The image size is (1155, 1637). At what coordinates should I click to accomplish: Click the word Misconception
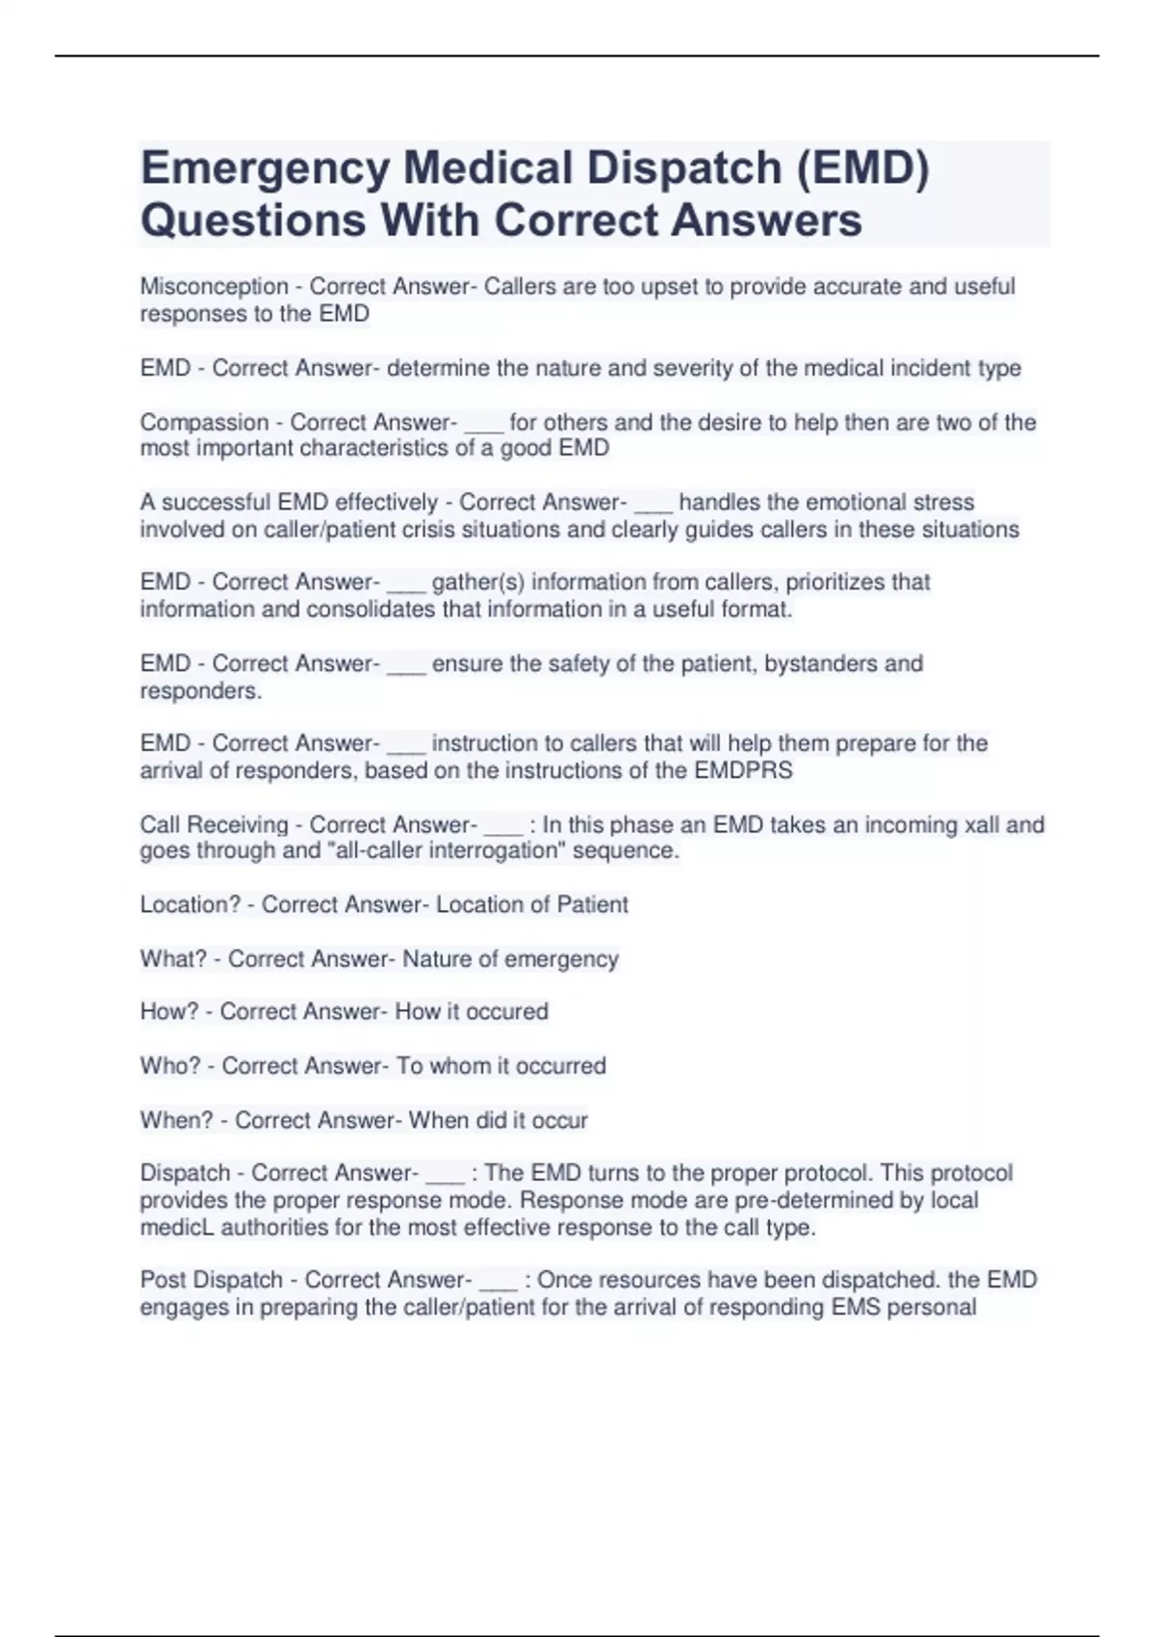(214, 287)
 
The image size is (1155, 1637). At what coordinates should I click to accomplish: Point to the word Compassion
(204, 423)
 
